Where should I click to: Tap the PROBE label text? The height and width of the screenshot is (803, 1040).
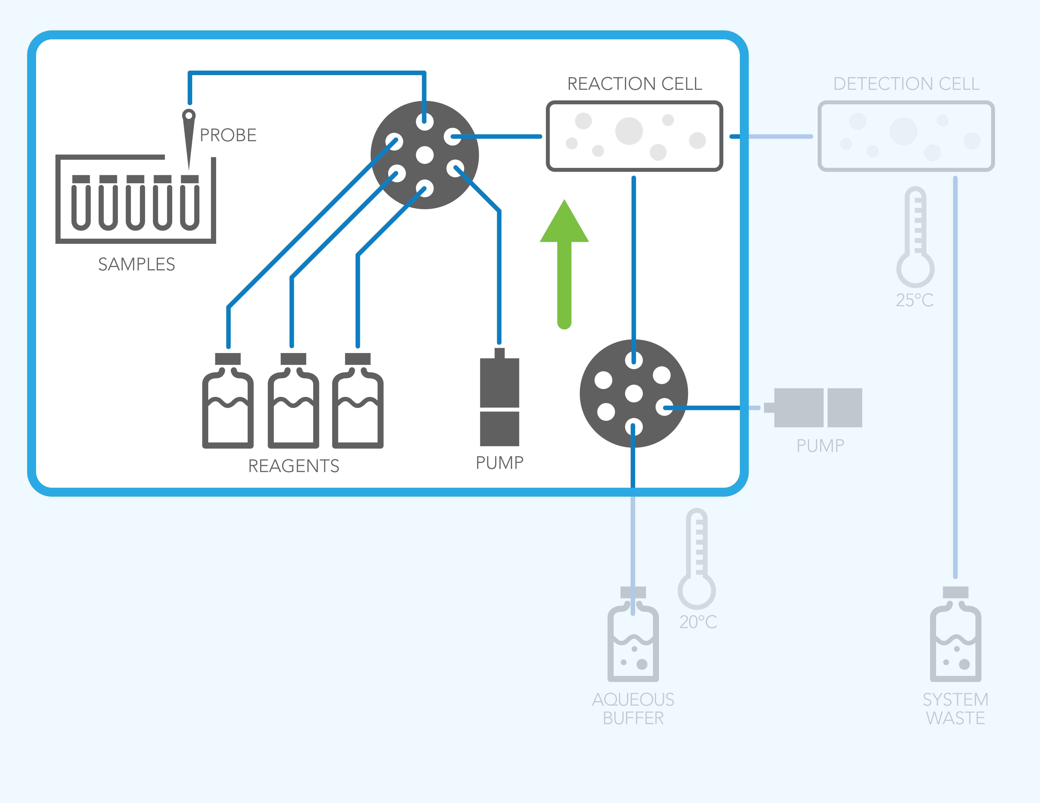(228, 135)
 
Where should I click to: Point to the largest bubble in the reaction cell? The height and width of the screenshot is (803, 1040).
(629, 130)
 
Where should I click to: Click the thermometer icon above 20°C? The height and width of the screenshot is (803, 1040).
(697, 560)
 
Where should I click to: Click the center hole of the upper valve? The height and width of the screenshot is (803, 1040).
(425, 155)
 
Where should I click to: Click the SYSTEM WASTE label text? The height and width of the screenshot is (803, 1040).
(955, 709)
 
